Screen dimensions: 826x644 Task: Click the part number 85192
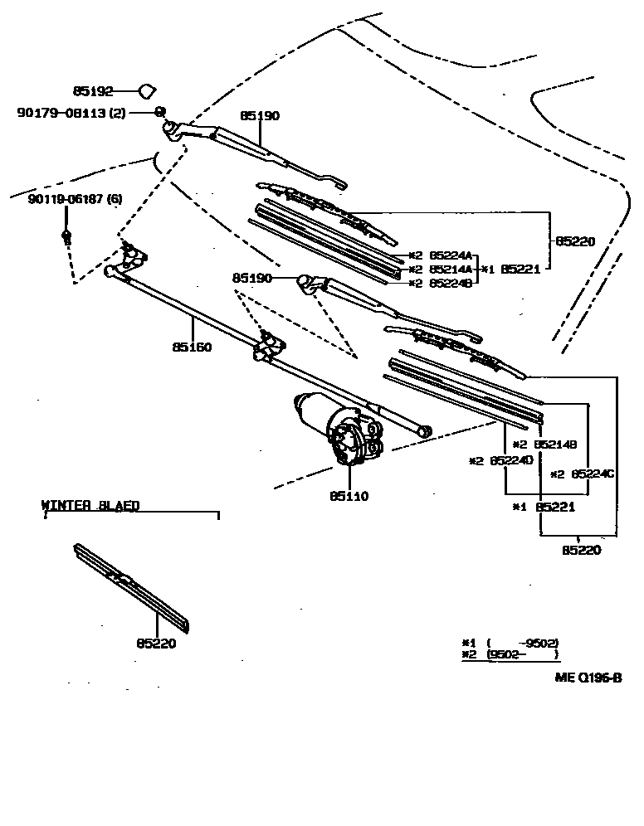click(91, 91)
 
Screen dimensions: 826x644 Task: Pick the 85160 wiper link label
click(193, 347)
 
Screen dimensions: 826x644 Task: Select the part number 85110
click(349, 496)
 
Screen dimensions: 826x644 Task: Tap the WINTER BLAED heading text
click(90, 504)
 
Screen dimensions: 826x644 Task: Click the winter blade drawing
click(133, 585)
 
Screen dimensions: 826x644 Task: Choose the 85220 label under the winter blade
click(157, 642)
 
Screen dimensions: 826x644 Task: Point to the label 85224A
click(451, 256)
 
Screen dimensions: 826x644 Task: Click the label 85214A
click(451, 270)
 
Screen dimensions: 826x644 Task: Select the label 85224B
click(451, 283)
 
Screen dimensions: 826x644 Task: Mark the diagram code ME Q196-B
click(588, 678)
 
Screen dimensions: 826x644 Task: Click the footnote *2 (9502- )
click(510, 654)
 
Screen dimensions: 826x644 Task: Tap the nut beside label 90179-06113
click(159, 111)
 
